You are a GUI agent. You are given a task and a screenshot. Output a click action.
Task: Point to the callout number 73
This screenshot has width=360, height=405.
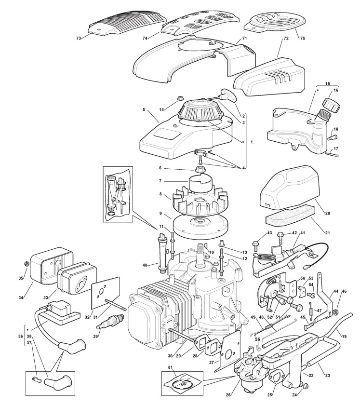coord(79,38)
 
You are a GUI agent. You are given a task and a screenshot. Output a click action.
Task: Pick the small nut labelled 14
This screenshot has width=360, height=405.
coord(179,99)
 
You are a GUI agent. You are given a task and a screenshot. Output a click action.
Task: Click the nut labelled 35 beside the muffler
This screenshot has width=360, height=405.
coord(26,264)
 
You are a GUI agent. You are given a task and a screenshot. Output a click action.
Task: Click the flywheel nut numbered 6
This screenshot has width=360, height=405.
coord(199,170)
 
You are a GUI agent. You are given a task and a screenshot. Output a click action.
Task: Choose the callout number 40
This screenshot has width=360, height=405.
coord(145,265)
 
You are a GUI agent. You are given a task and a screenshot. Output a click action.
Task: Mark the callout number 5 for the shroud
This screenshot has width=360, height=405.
coord(144,109)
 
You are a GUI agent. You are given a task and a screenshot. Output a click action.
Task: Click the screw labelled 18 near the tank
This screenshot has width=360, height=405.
coord(332,137)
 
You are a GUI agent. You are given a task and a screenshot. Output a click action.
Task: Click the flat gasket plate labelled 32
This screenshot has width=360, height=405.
coord(106,293)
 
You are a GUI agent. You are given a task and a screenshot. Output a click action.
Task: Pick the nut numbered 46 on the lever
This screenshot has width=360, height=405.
coord(336,312)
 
